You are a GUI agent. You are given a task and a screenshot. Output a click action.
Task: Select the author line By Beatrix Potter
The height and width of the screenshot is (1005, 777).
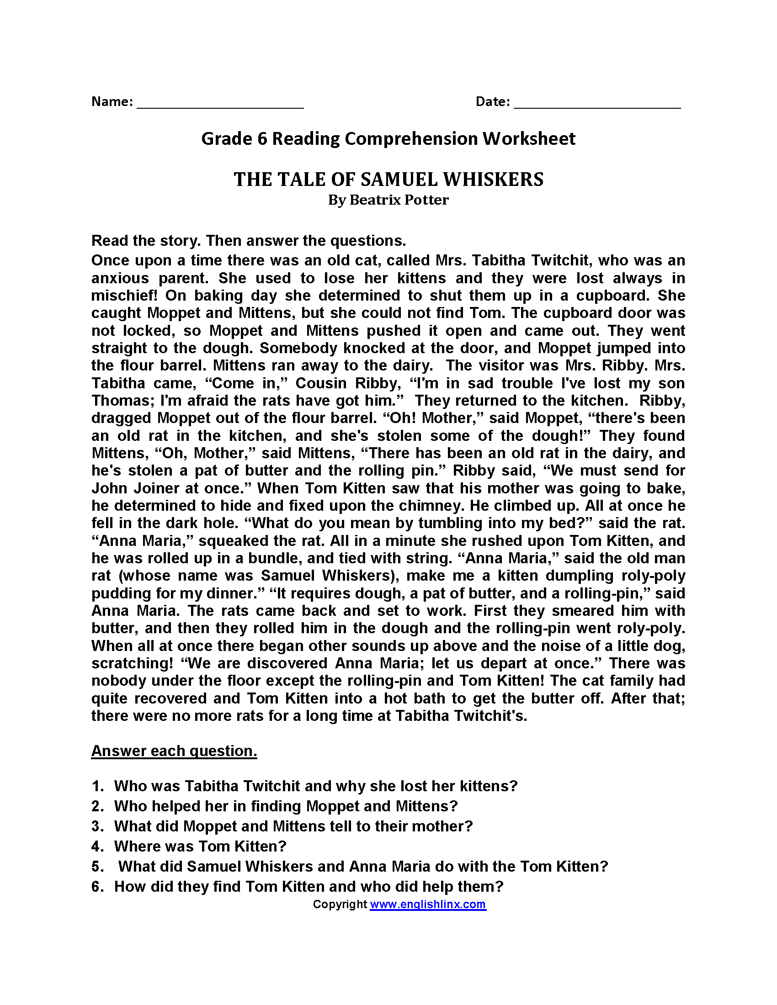coord(388,200)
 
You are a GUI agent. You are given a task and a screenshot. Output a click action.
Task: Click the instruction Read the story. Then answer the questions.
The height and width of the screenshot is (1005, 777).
coord(249,241)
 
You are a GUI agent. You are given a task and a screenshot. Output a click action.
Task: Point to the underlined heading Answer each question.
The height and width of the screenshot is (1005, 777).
coord(174,751)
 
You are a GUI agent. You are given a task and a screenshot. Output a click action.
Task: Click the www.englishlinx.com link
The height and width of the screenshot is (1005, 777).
coord(428,904)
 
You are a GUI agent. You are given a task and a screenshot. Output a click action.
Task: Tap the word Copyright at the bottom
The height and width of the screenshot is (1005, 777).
coord(340,904)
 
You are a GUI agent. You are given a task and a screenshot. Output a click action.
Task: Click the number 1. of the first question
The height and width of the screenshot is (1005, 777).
coord(98,786)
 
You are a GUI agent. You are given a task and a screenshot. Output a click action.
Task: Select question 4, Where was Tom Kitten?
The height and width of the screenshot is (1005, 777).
coord(200,846)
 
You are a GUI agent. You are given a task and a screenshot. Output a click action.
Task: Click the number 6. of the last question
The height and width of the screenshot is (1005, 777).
coord(98,886)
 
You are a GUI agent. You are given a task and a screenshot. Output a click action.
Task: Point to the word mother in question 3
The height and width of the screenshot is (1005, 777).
coord(438,826)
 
